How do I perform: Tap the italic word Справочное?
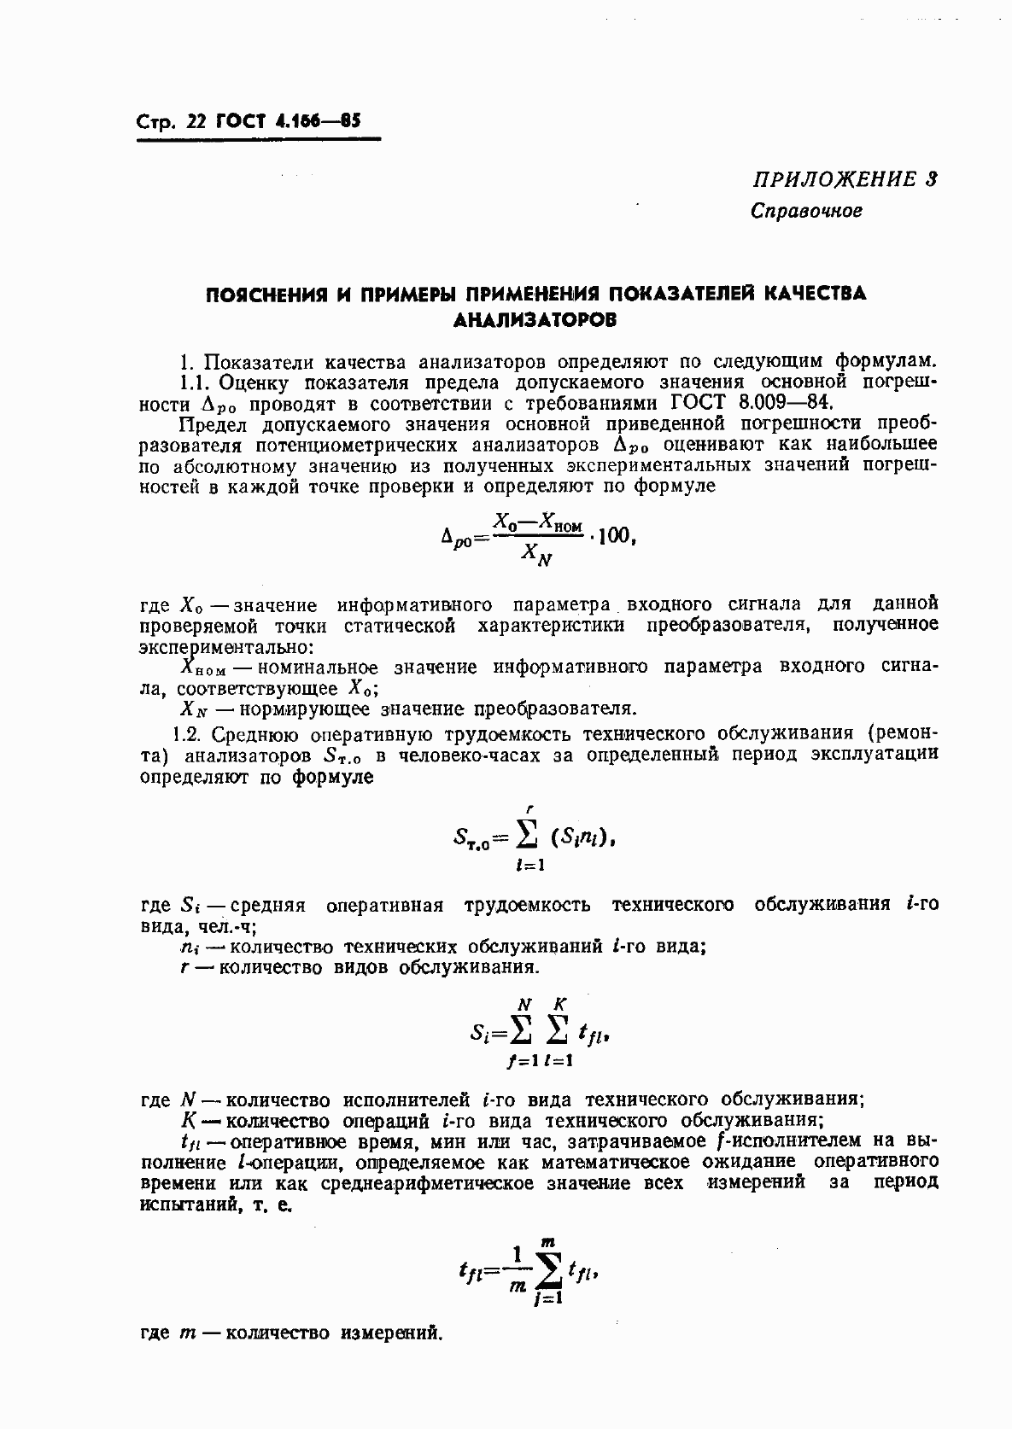tap(806, 210)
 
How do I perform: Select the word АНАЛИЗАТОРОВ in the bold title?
tap(535, 321)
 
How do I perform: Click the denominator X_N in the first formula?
tap(536, 557)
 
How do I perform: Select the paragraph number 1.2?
tap(187, 733)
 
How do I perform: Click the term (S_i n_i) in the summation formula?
tap(580, 838)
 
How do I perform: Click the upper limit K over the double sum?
tap(560, 1004)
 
